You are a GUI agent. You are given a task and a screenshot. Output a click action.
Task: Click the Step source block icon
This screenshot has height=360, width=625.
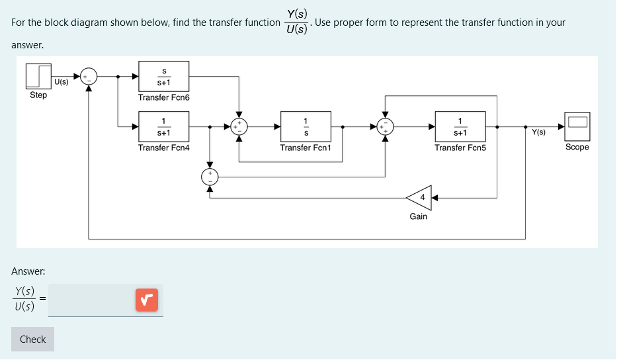38,76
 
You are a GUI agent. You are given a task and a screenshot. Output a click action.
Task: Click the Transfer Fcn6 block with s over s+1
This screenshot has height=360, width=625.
163,76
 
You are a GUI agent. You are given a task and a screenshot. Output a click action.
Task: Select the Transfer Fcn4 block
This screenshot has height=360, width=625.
163,126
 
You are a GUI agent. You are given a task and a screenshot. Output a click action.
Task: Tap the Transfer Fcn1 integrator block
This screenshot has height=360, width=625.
306,126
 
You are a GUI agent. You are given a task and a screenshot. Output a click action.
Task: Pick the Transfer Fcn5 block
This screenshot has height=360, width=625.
460,126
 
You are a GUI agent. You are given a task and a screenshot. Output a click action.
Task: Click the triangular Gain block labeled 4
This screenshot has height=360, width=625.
420,197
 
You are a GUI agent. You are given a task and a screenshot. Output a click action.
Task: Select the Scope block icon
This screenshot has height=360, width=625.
577,126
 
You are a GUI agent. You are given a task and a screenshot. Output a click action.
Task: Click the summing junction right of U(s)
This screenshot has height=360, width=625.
89,77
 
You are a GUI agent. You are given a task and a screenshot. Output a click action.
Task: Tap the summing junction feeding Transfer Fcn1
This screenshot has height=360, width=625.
239,126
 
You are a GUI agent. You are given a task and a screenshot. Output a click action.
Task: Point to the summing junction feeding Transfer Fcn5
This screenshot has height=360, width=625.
386,126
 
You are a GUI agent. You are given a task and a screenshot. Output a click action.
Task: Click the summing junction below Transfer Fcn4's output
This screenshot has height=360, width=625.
210,176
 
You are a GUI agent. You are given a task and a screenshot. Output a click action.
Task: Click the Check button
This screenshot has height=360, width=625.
32,339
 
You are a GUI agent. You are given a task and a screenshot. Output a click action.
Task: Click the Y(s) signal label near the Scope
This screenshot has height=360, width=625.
539,132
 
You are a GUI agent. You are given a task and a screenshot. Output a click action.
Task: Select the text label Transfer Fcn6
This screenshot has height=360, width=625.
163,97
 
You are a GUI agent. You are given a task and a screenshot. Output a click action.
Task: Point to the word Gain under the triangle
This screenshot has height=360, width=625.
419,216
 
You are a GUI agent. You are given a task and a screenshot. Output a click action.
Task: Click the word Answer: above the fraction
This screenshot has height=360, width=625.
28,271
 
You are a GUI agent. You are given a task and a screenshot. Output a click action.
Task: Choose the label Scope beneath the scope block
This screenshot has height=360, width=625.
577,147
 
